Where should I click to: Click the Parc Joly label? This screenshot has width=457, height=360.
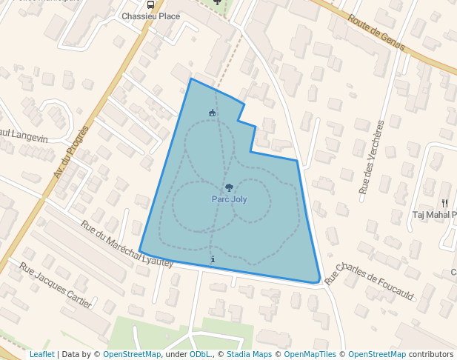tap(229, 199)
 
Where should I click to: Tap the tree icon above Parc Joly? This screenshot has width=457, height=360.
tap(229, 188)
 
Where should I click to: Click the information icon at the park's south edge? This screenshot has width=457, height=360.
tap(213, 259)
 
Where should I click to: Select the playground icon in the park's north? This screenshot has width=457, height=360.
tap(213, 113)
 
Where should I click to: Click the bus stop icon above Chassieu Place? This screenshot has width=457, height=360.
tap(151, 4)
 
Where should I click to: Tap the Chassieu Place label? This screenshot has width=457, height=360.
tap(150, 16)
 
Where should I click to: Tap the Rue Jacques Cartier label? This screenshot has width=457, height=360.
tap(56, 286)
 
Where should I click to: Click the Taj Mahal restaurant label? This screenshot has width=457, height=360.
tap(434, 216)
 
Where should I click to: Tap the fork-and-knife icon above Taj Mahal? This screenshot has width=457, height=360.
tap(444, 203)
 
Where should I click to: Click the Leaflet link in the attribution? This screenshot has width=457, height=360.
tap(41, 355)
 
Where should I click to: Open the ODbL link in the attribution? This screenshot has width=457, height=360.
tap(199, 355)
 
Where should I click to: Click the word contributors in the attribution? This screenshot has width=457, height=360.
tap(431, 355)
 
